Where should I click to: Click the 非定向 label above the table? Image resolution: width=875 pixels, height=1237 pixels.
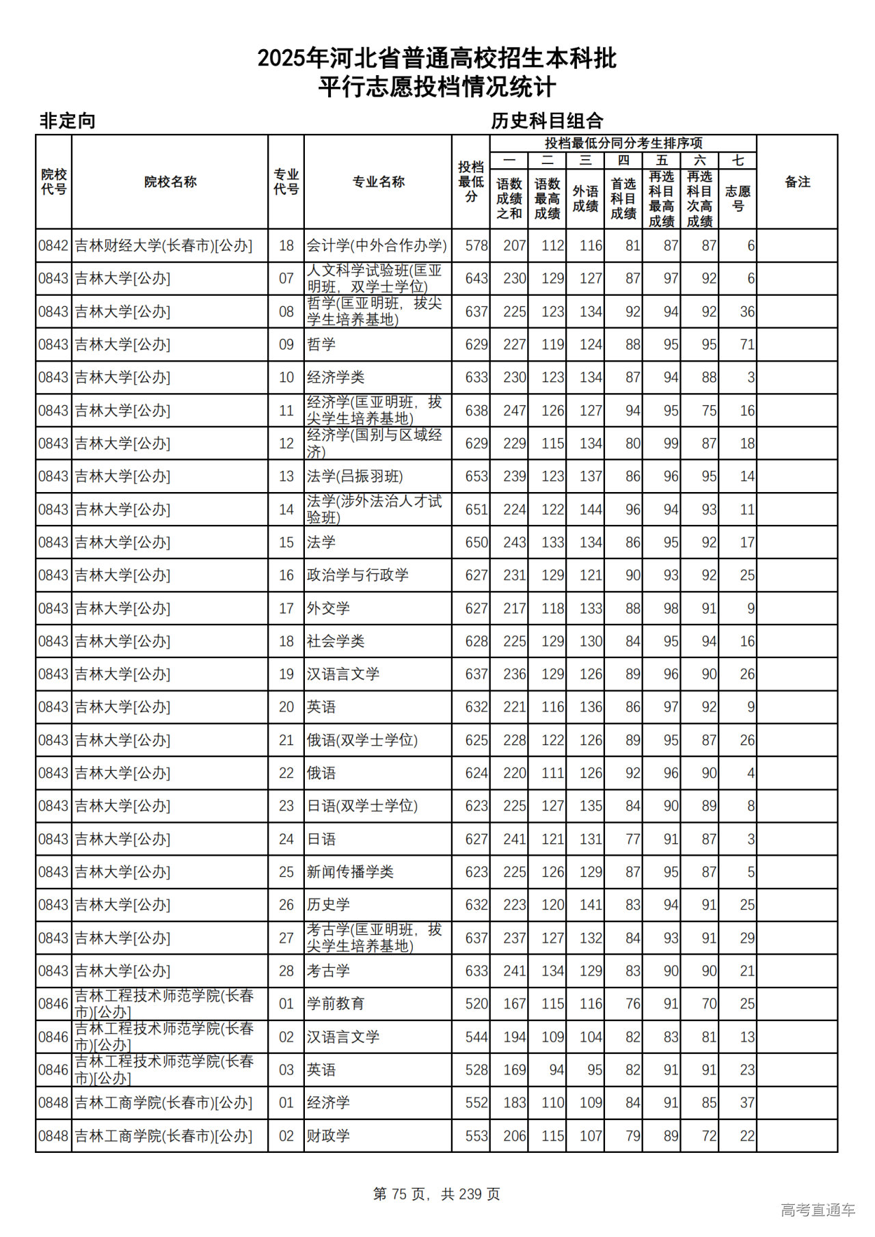tap(67, 121)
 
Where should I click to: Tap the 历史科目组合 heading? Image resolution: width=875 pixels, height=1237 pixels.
tap(547, 121)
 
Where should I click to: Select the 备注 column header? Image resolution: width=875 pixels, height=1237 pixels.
tap(797, 182)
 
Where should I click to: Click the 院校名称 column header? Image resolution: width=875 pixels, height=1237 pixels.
tap(170, 182)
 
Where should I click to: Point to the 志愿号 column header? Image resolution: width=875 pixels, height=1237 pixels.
tap(738, 198)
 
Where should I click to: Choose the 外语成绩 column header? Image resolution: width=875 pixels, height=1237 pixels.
tap(585, 198)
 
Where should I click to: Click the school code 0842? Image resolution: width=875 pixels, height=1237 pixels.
tap(53, 245)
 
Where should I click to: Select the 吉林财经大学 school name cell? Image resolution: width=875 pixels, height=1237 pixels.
tap(163, 245)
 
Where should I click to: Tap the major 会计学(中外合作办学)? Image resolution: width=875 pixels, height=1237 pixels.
tap(377, 245)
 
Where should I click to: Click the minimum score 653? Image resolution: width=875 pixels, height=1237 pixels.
tap(476, 476)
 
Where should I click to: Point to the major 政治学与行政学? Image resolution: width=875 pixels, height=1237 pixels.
tap(358, 575)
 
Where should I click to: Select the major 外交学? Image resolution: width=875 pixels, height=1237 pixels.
tap(328, 608)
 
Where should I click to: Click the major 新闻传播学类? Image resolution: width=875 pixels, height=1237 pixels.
tap(350, 872)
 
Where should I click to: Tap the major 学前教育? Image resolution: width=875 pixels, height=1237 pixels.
tap(336, 1004)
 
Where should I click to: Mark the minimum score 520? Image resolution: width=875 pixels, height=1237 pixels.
tap(476, 1004)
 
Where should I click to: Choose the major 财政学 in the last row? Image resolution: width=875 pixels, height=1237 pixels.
tap(328, 1136)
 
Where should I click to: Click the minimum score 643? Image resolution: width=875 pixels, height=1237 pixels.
tap(476, 278)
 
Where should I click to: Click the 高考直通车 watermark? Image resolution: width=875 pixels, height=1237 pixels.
tap(818, 1210)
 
